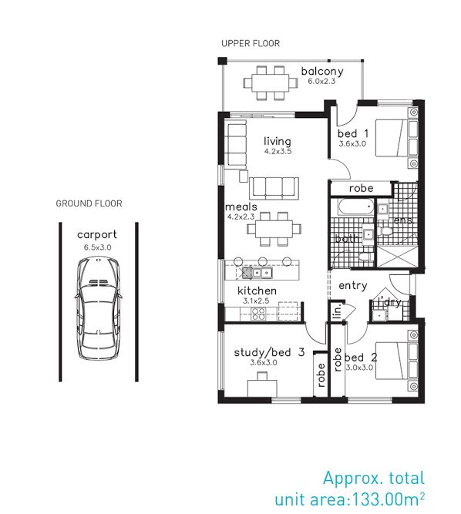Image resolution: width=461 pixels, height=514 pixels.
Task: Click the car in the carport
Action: click(98, 308)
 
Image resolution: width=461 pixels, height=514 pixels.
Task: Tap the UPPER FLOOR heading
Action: click(251, 43)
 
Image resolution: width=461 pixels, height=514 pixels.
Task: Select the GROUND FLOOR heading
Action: click(89, 203)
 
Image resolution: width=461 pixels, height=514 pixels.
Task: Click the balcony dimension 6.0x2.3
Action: click(321, 81)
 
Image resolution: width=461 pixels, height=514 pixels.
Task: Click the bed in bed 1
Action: click(396, 138)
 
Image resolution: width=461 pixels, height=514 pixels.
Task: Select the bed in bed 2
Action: click(396, 361)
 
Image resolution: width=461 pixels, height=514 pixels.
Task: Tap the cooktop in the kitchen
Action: click(257, 314)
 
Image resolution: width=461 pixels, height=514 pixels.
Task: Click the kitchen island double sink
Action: click(262, 272)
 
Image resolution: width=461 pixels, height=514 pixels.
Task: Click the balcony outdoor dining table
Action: click(271, 82)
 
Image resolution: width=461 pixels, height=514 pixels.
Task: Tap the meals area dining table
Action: click(274, 229)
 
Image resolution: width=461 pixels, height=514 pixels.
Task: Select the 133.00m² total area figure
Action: click(389, 499)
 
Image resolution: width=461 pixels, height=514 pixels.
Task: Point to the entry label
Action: click(353, 286)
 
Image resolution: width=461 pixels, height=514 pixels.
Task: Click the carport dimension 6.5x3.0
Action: click(97, 247)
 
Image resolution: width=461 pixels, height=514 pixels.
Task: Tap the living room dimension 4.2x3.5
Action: click(278, 152)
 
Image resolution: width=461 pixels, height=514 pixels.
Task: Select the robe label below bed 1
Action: click(361, 189)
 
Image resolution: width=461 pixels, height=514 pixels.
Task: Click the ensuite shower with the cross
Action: click(397, 257)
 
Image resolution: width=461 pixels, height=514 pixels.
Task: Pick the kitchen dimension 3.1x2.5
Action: click(256, 301)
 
